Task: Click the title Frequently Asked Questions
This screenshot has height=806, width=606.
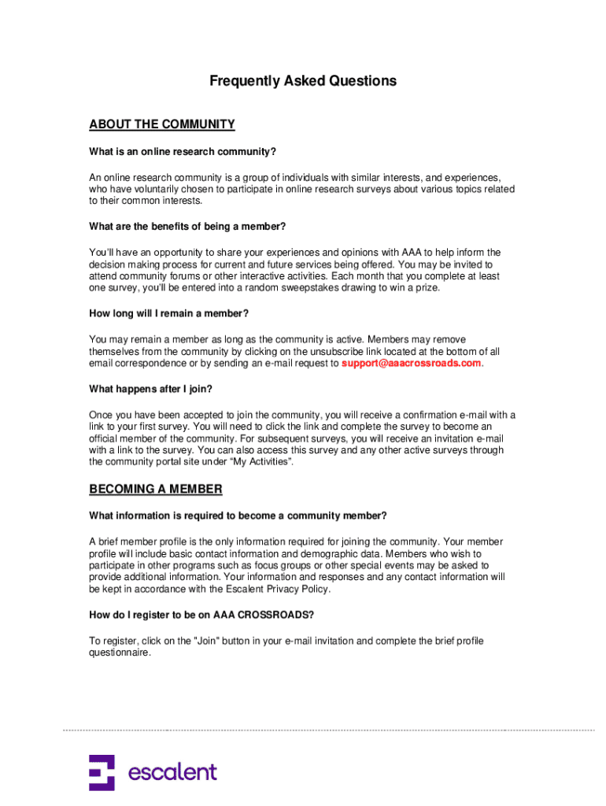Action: coord(303,81)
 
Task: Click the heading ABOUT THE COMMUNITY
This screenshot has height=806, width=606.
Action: coord(162,124)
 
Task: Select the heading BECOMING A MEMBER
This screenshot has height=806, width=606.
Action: coord(156,490)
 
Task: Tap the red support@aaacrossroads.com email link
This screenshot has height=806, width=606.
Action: coord(411,364)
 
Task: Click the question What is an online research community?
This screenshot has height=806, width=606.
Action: coord(183,151)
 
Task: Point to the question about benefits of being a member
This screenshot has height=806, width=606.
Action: coord(187,227)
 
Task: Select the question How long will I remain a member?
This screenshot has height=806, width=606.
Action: coord(169,313)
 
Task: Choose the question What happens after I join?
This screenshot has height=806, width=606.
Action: coord(151,389)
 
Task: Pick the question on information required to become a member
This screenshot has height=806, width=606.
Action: coord(238,516)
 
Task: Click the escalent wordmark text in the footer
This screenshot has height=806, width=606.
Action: coord(172,772)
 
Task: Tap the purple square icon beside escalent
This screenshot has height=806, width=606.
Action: coord(102,772)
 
